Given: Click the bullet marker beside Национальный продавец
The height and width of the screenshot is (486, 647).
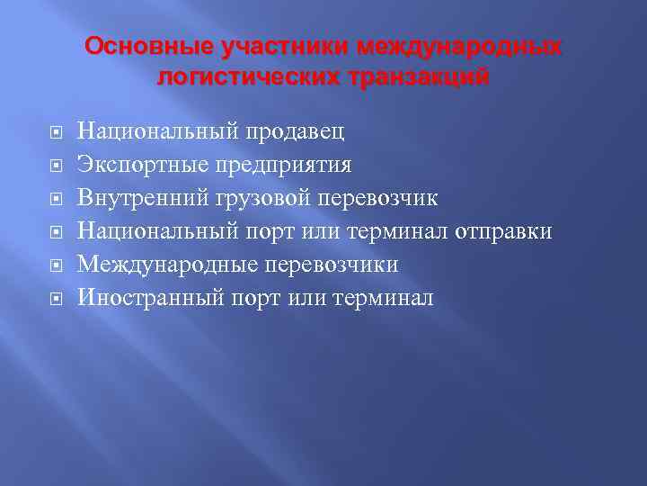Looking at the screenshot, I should (56, 133).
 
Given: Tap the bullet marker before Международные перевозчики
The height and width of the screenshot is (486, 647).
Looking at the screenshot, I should (56, 265).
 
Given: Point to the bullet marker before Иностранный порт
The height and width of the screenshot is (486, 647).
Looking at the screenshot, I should (56, 298).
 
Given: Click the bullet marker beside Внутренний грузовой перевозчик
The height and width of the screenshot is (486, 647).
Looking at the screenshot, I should (56, 199).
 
